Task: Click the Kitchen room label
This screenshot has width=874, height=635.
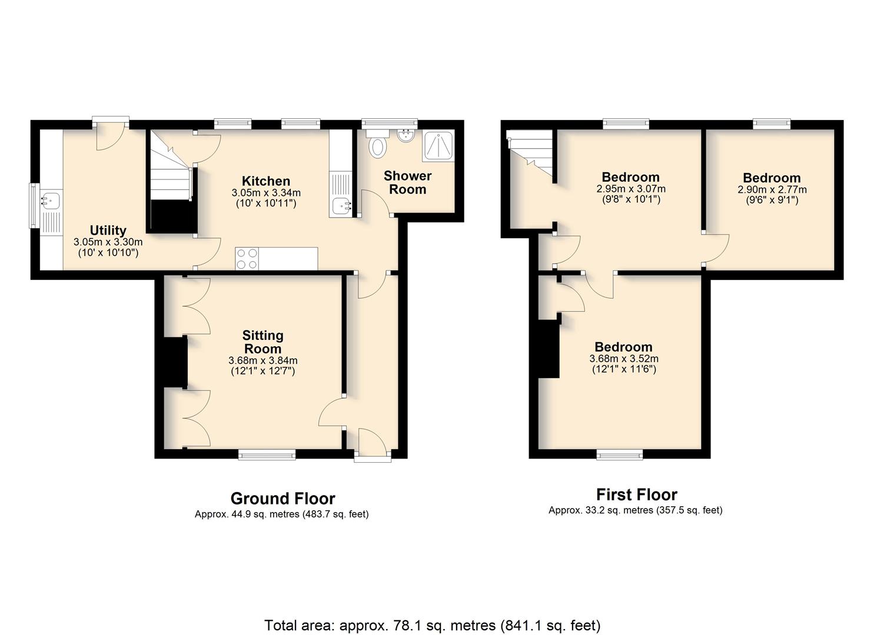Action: [265, 181]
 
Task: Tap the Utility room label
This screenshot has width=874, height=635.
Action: [108, 230]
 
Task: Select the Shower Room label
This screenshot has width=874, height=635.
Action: [407, 182]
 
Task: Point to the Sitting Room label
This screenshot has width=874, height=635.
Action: [262, 342]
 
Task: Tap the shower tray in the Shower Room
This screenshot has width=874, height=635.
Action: [438, 146]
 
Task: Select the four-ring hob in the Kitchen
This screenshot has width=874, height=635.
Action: [247, 259]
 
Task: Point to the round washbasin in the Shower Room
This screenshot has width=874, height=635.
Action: [406, 136]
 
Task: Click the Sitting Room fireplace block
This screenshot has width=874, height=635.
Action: [175, 363]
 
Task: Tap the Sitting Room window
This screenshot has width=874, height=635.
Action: [267, 454]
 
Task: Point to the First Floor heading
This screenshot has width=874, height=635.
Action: [637, 494]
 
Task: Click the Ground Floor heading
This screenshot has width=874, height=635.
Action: [283, 499]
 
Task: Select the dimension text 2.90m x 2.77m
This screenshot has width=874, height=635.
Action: [772, 190]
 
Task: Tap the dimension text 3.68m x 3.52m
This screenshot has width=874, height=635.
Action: [624, 359]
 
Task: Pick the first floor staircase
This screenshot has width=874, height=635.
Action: [530, 153]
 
